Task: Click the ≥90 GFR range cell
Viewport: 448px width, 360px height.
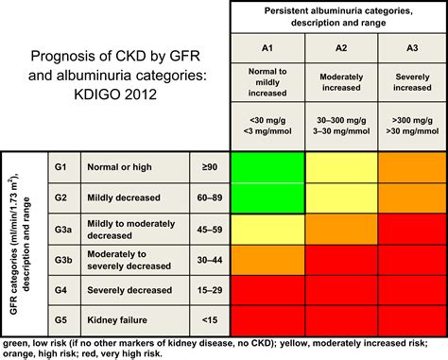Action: click(210, 166)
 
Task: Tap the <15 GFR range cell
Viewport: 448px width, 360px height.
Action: click(210, 318)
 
